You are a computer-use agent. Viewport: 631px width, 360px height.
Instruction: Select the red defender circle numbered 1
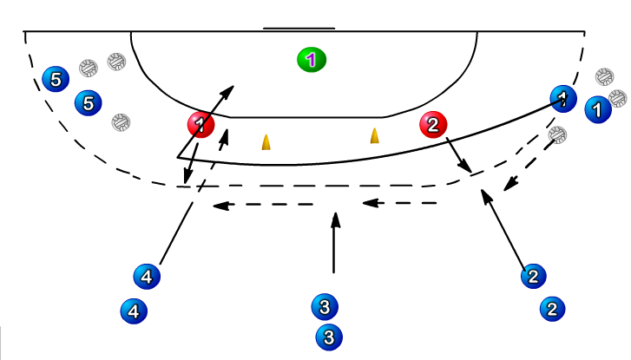(200, 125)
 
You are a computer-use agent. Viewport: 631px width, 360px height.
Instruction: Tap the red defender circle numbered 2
(432, 125)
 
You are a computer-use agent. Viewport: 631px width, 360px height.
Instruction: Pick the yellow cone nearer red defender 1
(266, 141)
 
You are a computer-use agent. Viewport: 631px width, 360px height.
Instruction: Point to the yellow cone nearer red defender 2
(375, 135)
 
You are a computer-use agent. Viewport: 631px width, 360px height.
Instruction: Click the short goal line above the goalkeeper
(299, 29)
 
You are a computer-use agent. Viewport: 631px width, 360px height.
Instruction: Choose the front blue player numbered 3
(324, 305)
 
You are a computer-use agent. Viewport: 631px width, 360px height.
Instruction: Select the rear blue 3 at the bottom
(329, 336)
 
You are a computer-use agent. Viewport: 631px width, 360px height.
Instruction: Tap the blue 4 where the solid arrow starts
(147, 277)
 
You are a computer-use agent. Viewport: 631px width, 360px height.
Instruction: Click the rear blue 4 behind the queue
(133, 310)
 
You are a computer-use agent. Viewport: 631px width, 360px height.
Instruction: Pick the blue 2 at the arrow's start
(533, 277)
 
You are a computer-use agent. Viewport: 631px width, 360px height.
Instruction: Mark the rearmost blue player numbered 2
(552, 308)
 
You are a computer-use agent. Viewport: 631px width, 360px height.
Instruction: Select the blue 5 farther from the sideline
(87, 102)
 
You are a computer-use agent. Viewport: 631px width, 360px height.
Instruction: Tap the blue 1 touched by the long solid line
(564, 98)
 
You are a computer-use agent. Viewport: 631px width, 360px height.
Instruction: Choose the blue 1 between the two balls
(597, 109)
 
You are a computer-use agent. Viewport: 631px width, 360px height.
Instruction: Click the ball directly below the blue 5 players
(122, 121)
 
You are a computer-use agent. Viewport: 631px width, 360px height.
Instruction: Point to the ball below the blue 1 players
(558, 134)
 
